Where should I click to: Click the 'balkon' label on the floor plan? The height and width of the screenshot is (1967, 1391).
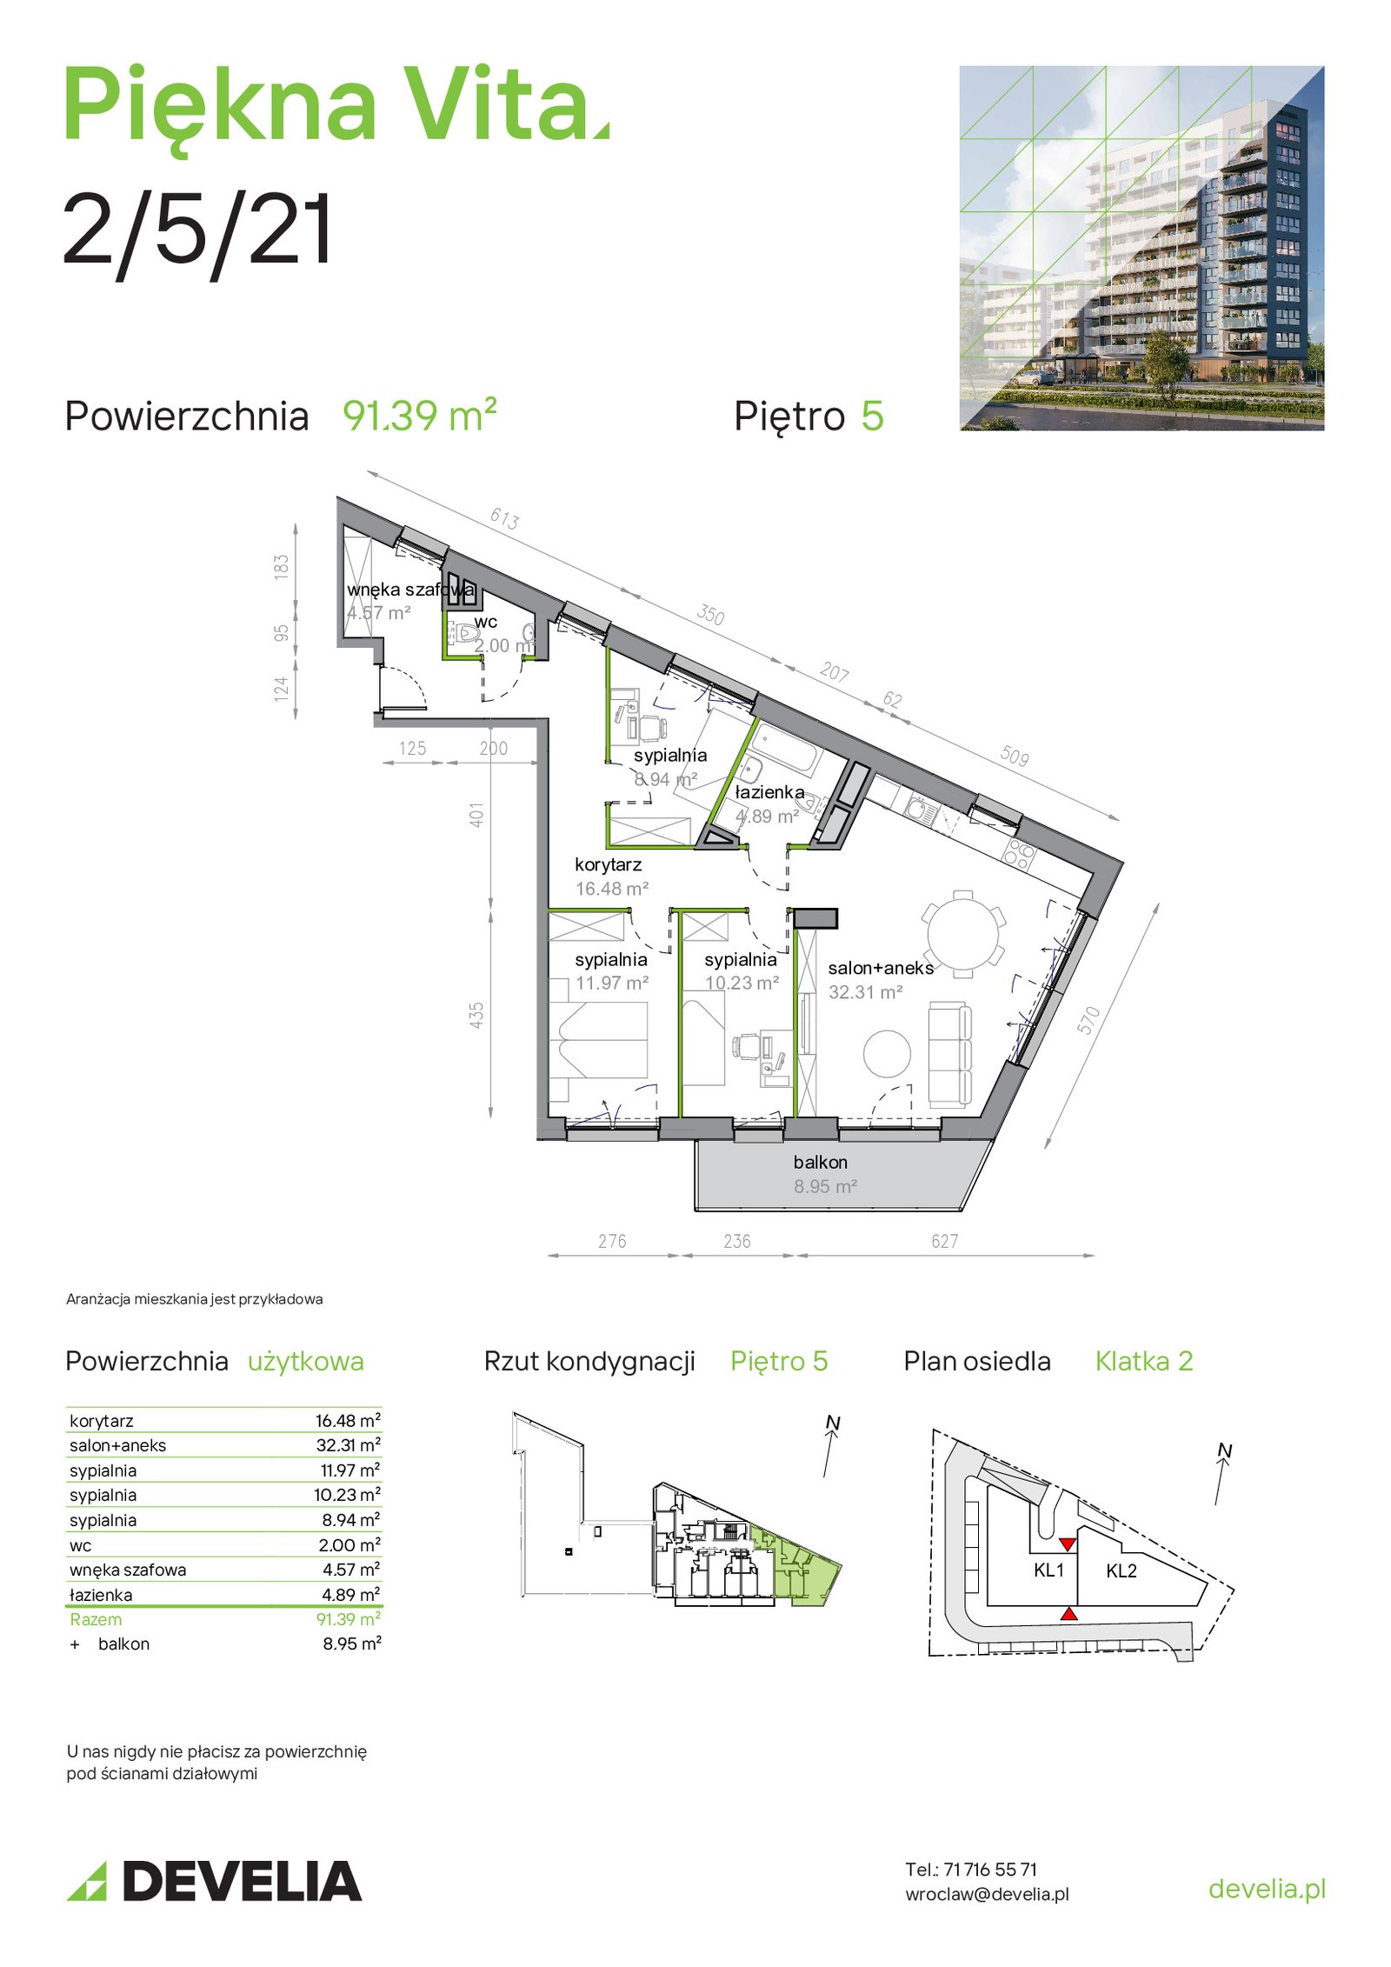(820, 1162)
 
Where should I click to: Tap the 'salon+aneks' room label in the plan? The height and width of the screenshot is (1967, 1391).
(880, 968)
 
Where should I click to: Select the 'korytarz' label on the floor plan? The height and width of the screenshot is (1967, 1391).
(608, 865)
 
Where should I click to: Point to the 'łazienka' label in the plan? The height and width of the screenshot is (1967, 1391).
(769, 792)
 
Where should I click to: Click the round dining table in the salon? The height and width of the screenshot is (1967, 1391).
(962, 934)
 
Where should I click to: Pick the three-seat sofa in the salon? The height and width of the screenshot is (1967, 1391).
(950, 1054)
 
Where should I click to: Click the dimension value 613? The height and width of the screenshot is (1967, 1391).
(504, 519)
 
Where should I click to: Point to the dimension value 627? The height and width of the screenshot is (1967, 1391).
(944, 1241)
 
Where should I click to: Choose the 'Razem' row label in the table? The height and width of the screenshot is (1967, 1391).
(96, 1619)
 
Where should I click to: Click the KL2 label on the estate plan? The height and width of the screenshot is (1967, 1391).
(1121, 1570)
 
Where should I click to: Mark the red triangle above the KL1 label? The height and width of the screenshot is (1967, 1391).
(1068, 1544)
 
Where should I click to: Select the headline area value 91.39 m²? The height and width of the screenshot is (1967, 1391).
(420, 415)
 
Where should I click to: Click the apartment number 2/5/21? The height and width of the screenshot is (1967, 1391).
(197, 231)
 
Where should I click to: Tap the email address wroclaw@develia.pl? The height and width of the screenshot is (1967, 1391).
(987, 1894)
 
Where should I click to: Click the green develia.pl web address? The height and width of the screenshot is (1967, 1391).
(1267, 1889)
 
